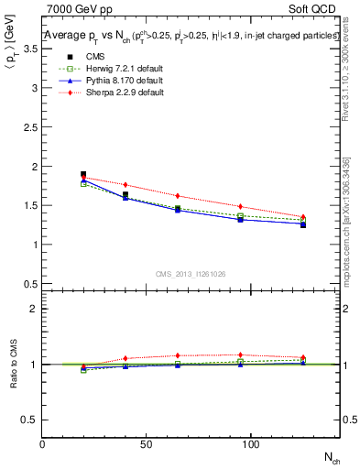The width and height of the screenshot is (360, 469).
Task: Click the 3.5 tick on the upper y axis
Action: [x=31, y=49]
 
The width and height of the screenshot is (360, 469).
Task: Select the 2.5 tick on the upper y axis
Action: [x=31, y=127]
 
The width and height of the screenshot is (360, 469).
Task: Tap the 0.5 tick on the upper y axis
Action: [x=31, y=283]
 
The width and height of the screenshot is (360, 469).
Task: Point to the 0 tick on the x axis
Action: [x=43, y=444]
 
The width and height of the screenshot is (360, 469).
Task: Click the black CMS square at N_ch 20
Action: [x=83, y=174]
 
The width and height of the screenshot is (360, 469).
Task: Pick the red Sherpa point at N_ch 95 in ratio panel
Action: [x=240, y=354]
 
